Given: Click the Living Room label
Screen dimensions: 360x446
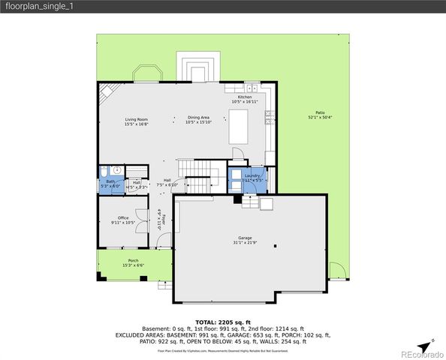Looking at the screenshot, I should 136,120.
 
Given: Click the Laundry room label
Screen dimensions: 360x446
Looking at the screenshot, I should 252,175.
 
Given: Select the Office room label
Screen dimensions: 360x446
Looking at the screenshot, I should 122,218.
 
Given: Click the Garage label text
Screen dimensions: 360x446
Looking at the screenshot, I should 245,238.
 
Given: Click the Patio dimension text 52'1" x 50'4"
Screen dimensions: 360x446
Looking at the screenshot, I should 320,117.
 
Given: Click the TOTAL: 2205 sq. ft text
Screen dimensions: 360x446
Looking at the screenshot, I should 222,321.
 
